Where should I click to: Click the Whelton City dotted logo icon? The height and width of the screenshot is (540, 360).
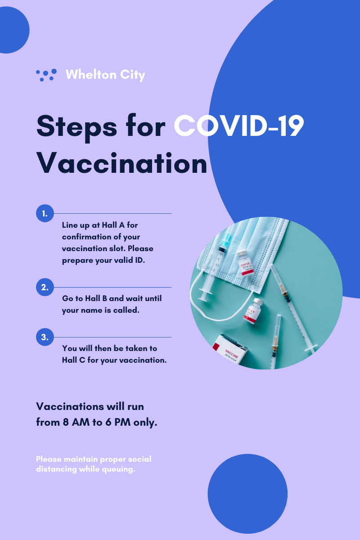click(x=46, y=75)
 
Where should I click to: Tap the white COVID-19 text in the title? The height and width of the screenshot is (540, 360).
click(x=238, y=126)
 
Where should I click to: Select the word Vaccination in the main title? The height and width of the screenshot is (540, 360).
click(x=122, y=163)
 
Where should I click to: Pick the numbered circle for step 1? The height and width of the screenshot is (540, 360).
click(x=45, y=213)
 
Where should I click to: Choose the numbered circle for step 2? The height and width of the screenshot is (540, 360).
click(x=45, y=287)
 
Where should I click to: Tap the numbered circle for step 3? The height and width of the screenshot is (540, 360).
click(x=45, y=337)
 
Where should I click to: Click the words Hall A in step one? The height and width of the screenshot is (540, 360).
click(x=113, y=225)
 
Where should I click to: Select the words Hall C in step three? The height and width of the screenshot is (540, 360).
click(x=73, y=360)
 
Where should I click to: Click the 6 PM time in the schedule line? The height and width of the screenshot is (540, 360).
click(x=118, y=423)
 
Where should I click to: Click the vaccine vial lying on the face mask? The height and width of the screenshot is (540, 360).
click(x=244, y=263)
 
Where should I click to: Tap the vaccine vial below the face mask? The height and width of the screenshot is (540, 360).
click(x=252, y=311)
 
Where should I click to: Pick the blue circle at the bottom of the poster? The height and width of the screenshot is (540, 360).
click(x=247, y=494)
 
